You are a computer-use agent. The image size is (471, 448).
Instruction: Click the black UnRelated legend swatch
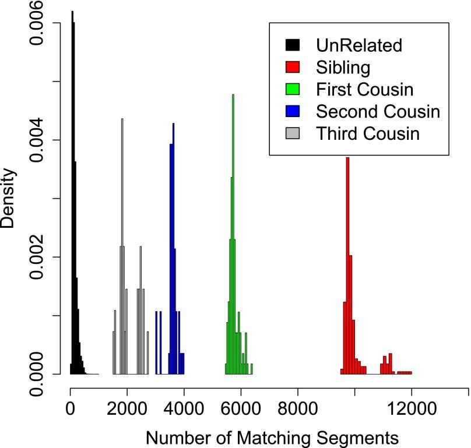click(292, 45)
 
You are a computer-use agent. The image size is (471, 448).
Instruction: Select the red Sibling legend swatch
click(292, 67)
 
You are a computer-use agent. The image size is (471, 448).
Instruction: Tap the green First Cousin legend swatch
click(292, 89)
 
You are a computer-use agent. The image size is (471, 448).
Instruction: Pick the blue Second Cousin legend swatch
click(292, 111)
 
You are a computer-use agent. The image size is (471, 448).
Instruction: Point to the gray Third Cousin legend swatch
click(292, 133)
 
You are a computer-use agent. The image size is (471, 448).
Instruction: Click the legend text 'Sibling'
click(343, 67)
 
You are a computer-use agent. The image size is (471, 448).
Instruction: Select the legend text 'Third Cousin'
click(368, 133)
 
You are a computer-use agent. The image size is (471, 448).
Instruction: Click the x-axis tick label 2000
click(126, 410)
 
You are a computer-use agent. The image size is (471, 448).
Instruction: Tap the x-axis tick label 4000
click(184, 410)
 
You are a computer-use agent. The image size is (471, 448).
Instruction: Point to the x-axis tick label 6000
click(241, 410)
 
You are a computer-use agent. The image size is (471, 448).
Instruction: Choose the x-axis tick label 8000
click(297, 410)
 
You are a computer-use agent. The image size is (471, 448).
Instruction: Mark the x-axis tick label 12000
click(412, 410)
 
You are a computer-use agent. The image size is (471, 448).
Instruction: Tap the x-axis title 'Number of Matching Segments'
click(272, 436)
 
